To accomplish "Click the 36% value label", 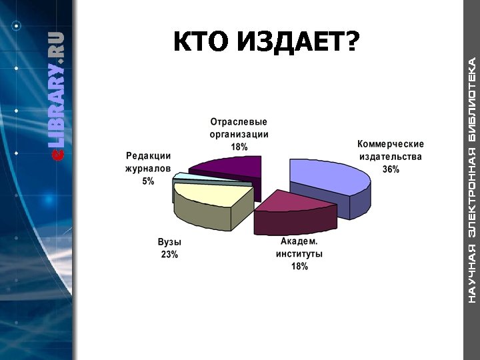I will tap(391, 169).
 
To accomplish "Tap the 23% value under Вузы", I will tap(169, 255).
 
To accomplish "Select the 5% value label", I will tap(148, 181).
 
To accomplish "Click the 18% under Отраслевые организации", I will tap(239, 146).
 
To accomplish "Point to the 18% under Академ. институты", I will tap(299, 267).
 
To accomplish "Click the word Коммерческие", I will tap(391, 144).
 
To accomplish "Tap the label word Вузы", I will tap(169, 242).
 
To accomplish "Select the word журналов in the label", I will tap(148, 168).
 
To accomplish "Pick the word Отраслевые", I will tap(239, 122).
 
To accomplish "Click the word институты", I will tap(299, 254).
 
